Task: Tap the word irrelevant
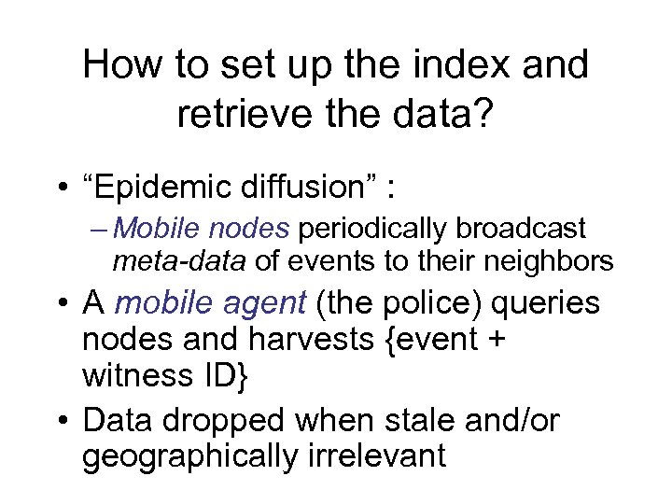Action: pos(389,458)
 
